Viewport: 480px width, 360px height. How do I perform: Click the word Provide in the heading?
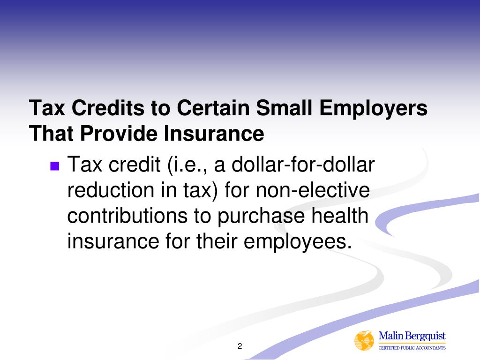(x=118, y=134)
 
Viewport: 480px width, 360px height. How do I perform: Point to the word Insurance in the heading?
(x=214, y=134)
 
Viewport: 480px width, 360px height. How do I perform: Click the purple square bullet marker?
(x=55, y=165)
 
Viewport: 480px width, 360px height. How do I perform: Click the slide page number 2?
(x=240, y=346)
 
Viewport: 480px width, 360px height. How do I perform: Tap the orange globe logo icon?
(x=364, y=341)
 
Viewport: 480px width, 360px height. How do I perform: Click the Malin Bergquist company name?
(x=412, y=336)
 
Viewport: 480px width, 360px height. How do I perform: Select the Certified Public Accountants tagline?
(x=412, y=348)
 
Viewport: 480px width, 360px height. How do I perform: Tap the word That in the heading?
(x=51, y=134)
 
